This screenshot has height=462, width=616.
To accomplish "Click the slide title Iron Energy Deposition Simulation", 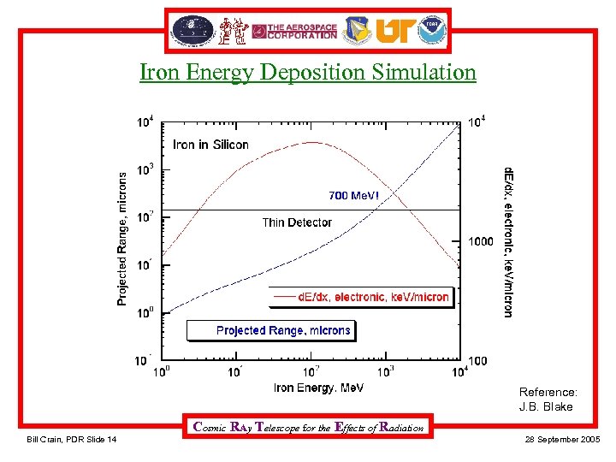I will pyautogui.click(x=308, y=73).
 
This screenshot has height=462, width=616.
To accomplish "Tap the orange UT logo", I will pyautogui.click(x=394, y=31).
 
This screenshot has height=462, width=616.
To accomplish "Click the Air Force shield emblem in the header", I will pyautogui.click(x=358, y=31).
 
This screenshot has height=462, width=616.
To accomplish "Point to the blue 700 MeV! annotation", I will pyautogui.click(x=352, y=196).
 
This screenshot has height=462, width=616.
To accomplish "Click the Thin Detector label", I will pyautogui.click(x=297, y=222).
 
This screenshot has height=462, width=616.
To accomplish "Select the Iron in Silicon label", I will pyautogui.click(x=210, y=145).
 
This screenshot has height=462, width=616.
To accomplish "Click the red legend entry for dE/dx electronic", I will pyautogui.click(x=359, y=297).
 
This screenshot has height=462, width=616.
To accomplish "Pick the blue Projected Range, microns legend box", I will pyautogui.click(x=270, y=330).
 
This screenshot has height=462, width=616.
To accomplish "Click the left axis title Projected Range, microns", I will pyautogui.click(x=121, y=238).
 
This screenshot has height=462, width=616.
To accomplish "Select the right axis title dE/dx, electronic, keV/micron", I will pyautogui.click(x=508, y=242).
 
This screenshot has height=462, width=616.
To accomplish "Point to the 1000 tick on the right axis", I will pyautogui.click(x=481, y=241).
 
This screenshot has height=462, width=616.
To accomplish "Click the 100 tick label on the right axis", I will pyautogui.click(x=477, y=361).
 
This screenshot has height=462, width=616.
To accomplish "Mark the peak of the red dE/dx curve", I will pyautogui.click(x=312, y=142).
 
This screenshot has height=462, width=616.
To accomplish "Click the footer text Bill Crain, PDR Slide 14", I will pyautogui.click(x=72, y=440).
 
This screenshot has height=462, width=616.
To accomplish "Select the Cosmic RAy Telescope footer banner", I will pyautogui.click(x=309, y=427).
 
